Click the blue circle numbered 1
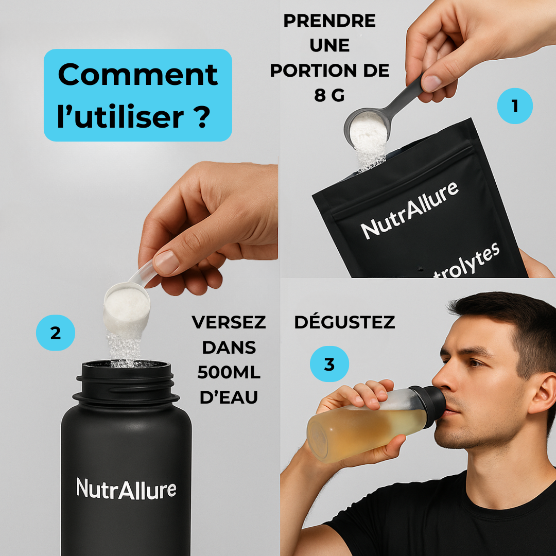(515, 106)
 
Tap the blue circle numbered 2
(56, 333)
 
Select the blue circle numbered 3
(329, 364)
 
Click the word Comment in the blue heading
(137, 75)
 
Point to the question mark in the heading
(202, 117)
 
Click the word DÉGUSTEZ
(344, 322)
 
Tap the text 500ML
(229, 372)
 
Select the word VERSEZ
(229, 322)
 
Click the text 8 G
(329, 95)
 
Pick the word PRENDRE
(329, 21)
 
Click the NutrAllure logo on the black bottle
(126, 489)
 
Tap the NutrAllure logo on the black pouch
(410, 210)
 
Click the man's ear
(543, 394)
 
